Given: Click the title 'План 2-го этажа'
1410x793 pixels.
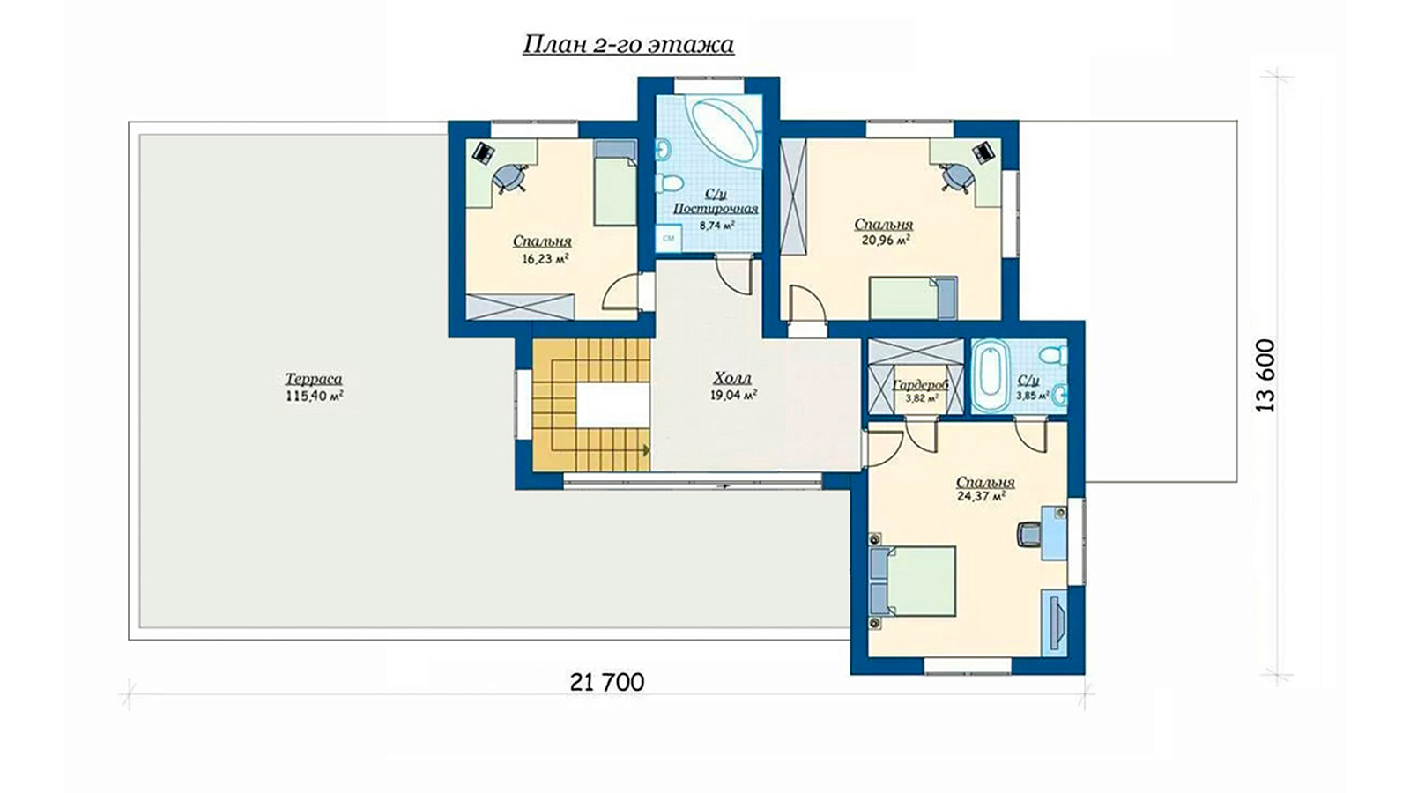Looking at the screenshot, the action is (628, 45).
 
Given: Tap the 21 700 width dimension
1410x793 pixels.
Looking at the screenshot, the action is (607, 682).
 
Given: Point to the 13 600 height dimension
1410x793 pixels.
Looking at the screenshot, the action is (1265, 376).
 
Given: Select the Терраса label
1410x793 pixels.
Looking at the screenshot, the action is (314, 379).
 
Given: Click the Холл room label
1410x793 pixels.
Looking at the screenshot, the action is (732, 378).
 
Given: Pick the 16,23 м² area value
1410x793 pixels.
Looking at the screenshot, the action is (545, 258).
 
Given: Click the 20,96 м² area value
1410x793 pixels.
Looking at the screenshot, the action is (885, 240).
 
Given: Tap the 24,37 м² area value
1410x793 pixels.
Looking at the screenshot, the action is (981, 497).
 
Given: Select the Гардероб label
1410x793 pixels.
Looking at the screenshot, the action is (920, 384).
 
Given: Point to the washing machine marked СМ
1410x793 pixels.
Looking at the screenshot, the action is (669, 239).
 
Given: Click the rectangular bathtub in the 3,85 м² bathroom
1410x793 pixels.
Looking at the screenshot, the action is (991, 376).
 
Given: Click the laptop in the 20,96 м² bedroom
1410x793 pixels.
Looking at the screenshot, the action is (983, 151).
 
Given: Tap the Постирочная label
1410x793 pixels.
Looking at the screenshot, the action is (716, 208).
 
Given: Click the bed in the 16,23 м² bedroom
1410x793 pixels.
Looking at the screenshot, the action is (615, 182).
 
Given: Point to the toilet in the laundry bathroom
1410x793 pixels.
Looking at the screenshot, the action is (669, 183).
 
